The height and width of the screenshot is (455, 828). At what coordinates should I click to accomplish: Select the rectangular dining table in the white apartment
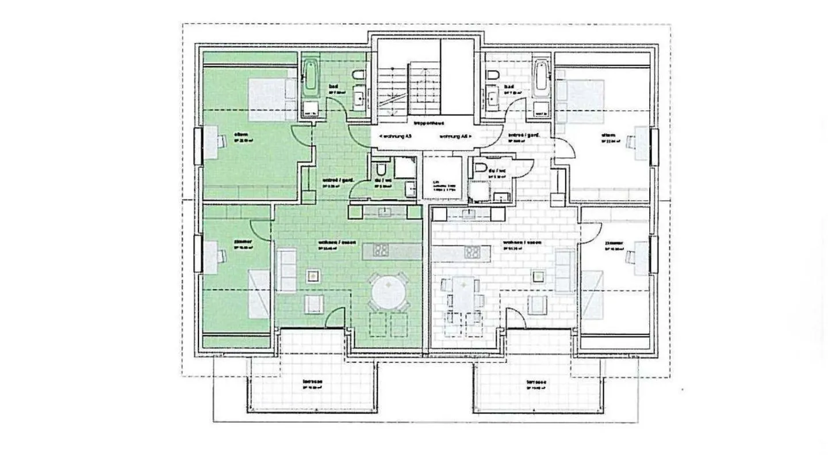tap(462, 293)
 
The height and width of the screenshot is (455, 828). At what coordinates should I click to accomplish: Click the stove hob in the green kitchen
tap(380, 251)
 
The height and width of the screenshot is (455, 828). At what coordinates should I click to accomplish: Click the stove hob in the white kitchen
tap(472, 251)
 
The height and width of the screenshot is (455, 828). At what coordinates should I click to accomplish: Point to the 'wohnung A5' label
tap(395, 136)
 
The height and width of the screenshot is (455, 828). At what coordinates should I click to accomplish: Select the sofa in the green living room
tap(286, 270)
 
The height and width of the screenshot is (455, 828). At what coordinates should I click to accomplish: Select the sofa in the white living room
tap(565, 270)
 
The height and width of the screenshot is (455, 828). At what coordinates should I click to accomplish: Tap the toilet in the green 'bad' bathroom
tap(357, 77)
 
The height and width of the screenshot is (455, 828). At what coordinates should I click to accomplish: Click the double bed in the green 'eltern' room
tap(271, 95)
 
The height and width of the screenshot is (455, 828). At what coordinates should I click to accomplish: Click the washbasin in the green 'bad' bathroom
tap(360, 98)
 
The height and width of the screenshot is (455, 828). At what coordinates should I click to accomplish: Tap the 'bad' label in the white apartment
tap(508, 87)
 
